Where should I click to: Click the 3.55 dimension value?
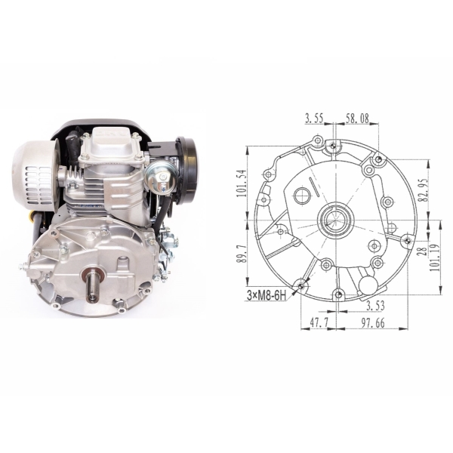coord(314,119)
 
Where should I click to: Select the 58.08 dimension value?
coord(357,119)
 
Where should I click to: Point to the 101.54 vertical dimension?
coord(242,183)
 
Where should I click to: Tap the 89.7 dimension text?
coord(242,254)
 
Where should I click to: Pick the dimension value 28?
coord(424,251)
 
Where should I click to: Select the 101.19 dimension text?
coord(434,257)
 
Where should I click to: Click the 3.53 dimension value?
coord(375,306)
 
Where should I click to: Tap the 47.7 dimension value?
coord(319,323)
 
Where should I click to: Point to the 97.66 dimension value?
coord(373,323)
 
